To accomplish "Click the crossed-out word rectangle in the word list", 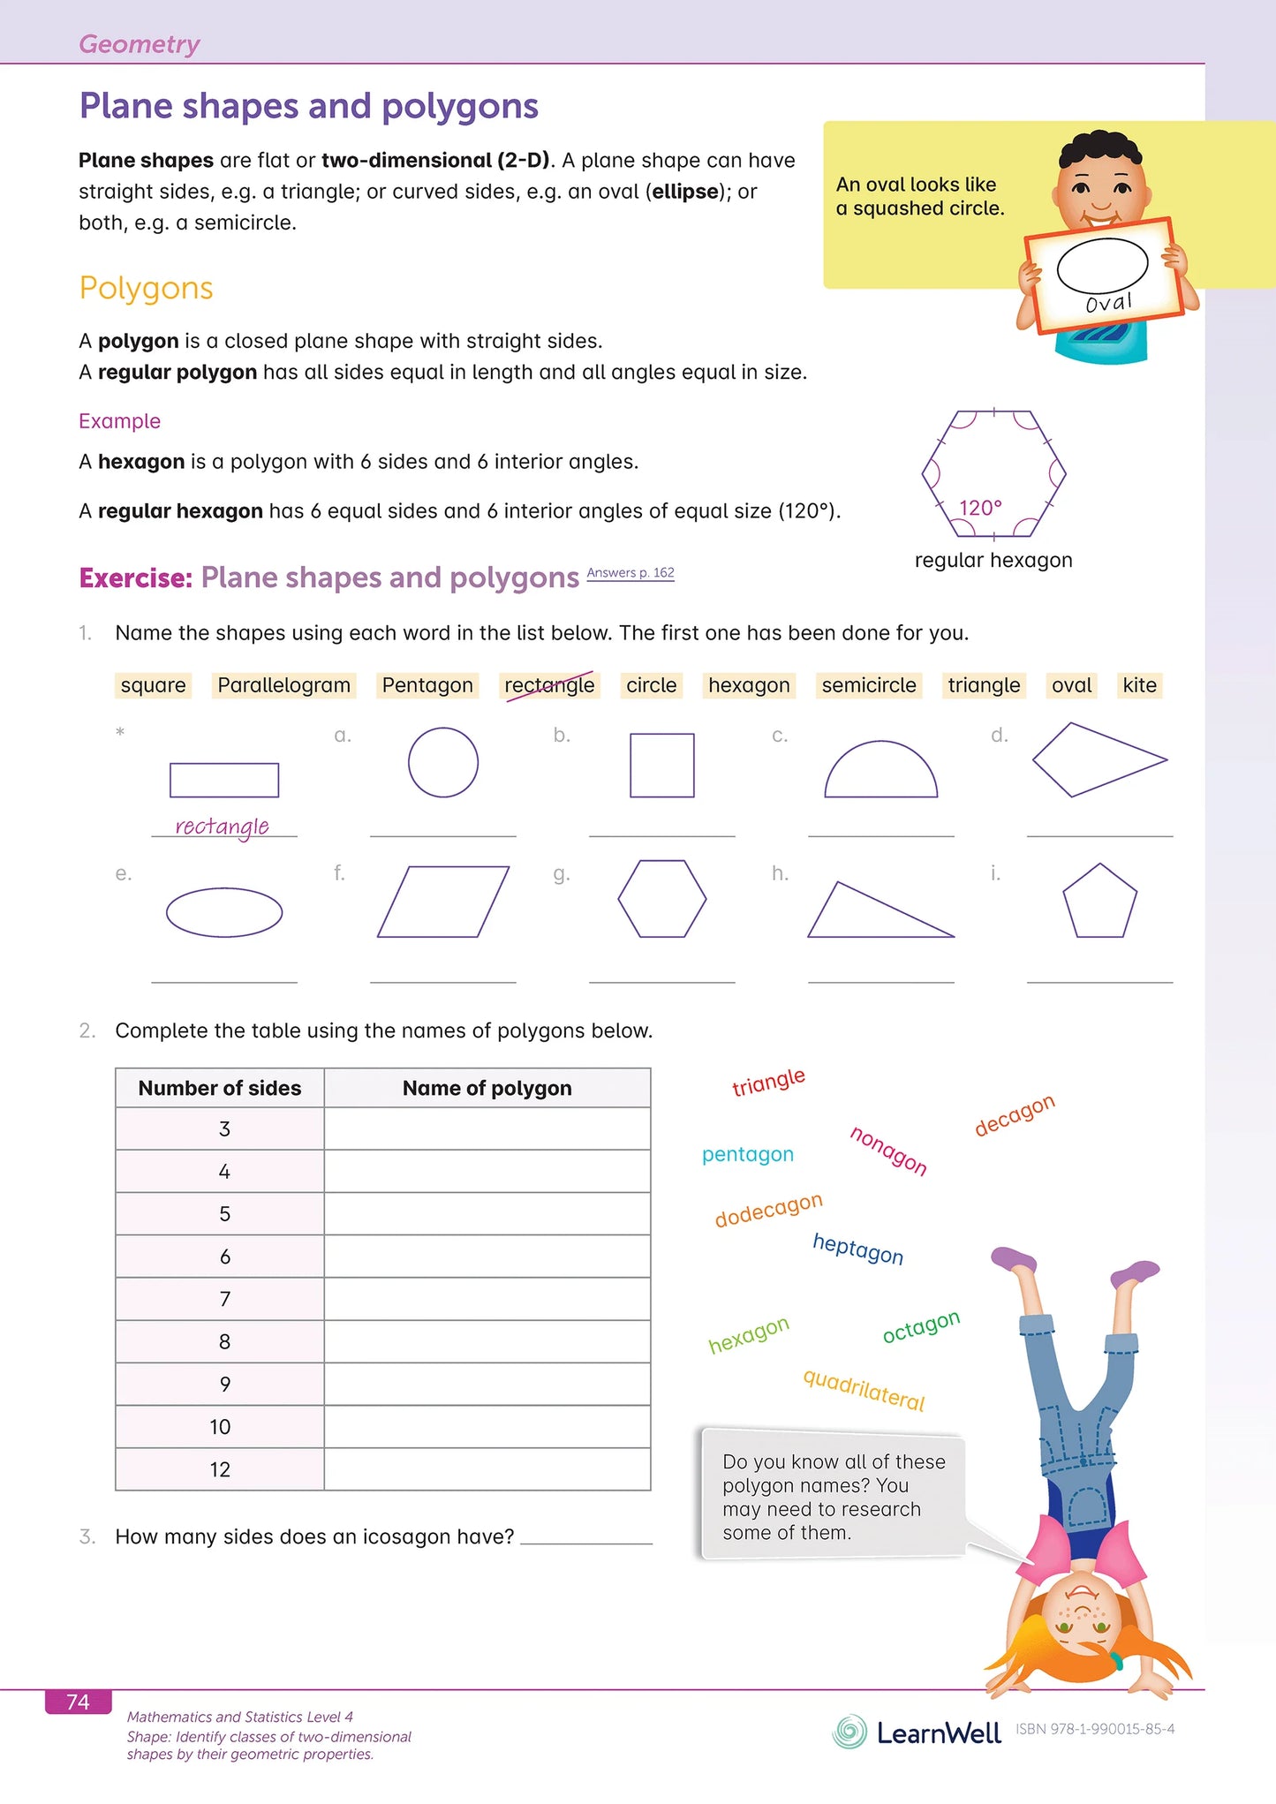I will pyautogui.click(x=549, y=685).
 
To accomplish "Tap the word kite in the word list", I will pyautogui.click(x=1139, y=685).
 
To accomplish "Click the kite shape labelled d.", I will pyautogui.click(x=1098, y=759).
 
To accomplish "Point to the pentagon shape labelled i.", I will pyautogui.click(x=1099, y=902).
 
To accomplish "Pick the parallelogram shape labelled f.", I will pyautogui.click(x=443, y=902).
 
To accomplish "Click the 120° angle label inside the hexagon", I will pyautogui.click(x=980, y=508).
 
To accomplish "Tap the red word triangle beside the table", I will pyautogui.click(x=768, y=1082).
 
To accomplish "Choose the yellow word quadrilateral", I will pyautogui.click(x=864, y=1390).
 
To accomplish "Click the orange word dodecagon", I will pyautogui.click(x=768, y=1211).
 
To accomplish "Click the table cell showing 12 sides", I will pyautogui.click(x=220, y=1469).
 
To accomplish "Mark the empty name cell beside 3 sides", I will pyautogui.click(x=487, y=1128).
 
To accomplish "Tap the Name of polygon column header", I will pyautogui.click(x=487, y=1088).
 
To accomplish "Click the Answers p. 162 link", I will pyautogui.click(x=630, y=573).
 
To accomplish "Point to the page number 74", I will pyautogui.click(x=78, y=1702).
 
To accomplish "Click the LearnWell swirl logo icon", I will pyautogui.click(x=849, y=1732).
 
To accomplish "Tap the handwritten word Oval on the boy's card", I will pyautogui.click(x=1108, y=303).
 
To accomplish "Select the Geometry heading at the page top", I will pyautogui.click(x=140, y=44).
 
